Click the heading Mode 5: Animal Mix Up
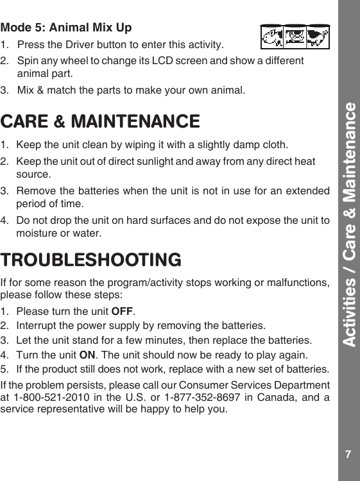click(x=66, y=28)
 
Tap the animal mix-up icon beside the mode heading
click(x=295, y=37)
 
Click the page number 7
click(x=347, y=455)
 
